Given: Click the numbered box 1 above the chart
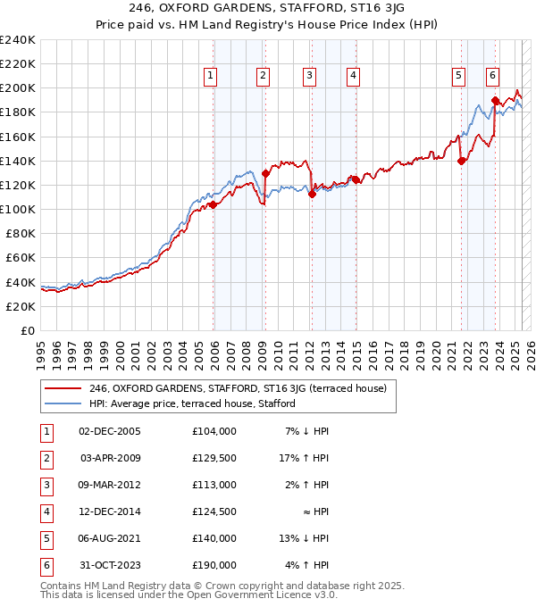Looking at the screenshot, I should (210, 76).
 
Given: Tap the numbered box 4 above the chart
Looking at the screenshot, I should (354, 76).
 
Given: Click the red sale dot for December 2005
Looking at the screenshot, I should (214, 204).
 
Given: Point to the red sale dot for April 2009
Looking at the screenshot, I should (265, 174).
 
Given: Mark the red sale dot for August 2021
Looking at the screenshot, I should (462, 162).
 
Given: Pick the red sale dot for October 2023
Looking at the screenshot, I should (495, 101).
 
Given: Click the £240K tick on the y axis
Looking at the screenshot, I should (18, 40).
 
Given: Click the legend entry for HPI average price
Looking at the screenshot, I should (193, 403).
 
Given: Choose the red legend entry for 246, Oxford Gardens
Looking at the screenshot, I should (237, 388).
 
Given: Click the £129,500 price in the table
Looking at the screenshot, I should (214, 458).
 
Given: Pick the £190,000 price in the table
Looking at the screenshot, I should (214, 565).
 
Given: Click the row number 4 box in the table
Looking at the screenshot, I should (46, 511).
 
